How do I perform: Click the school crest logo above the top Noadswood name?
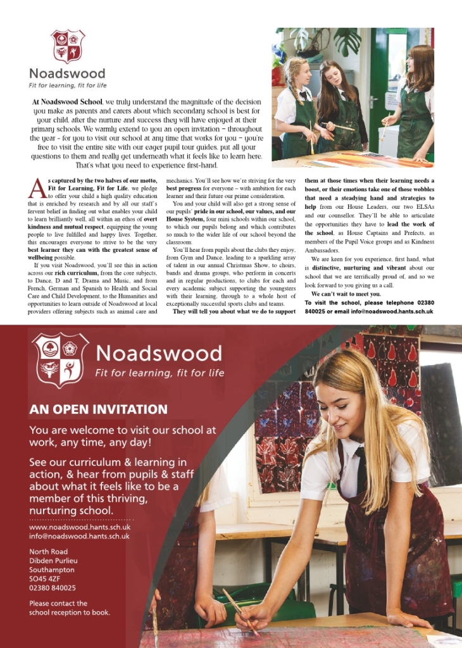[68, 46]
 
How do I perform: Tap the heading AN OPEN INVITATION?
[98, 409]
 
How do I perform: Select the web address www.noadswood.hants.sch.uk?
[80, 526]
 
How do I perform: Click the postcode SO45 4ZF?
[45, 578]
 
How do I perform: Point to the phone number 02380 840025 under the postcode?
[53, 587]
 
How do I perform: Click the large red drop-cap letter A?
[37, 188]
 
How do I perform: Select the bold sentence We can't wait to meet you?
[346, 294]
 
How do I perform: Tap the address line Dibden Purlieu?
[53, 560]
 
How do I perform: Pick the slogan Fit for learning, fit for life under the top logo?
[68, 85]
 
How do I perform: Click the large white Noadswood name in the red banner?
[159, 353]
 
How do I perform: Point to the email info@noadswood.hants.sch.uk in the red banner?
[79, 536]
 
